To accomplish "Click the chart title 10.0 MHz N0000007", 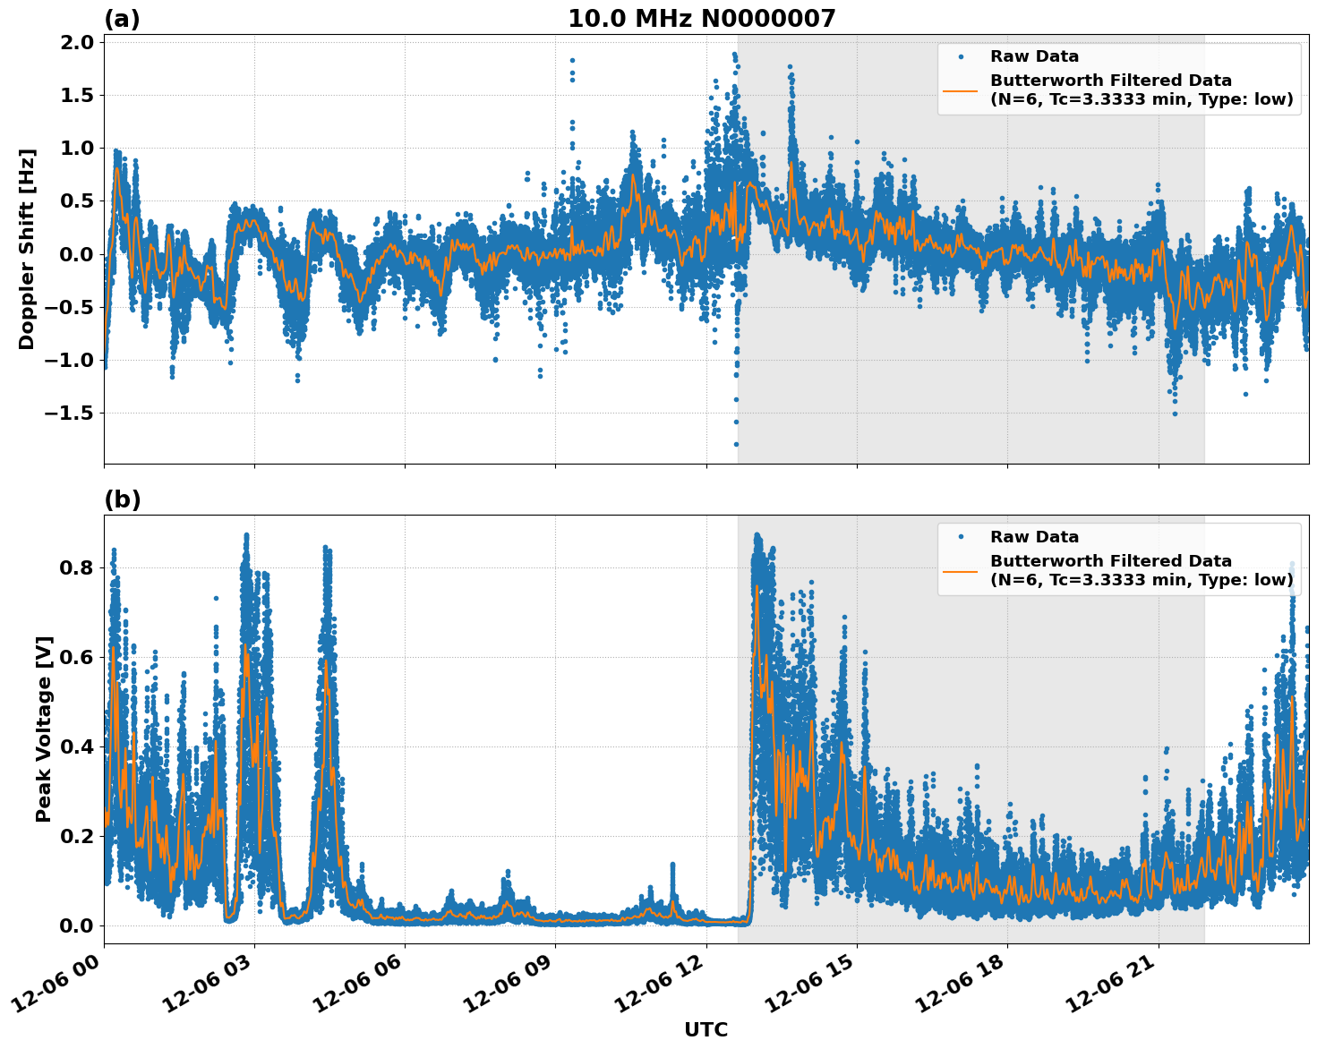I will [701, 18].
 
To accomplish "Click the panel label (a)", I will [122, 19].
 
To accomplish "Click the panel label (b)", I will [122, 499].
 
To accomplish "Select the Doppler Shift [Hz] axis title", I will [27, 249].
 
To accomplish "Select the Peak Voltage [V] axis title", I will [44, 729].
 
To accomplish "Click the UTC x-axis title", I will [706, 1029].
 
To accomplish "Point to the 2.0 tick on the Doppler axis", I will [76, 42].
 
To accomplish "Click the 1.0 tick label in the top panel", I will [76, 148].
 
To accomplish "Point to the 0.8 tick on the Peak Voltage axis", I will [76, 567].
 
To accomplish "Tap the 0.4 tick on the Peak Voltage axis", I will [76, 746].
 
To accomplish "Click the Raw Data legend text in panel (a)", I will [1034, 56].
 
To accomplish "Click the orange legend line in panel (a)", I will [960, 90].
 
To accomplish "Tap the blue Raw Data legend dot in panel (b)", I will [960, 537].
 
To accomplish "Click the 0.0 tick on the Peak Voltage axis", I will [76, 925].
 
